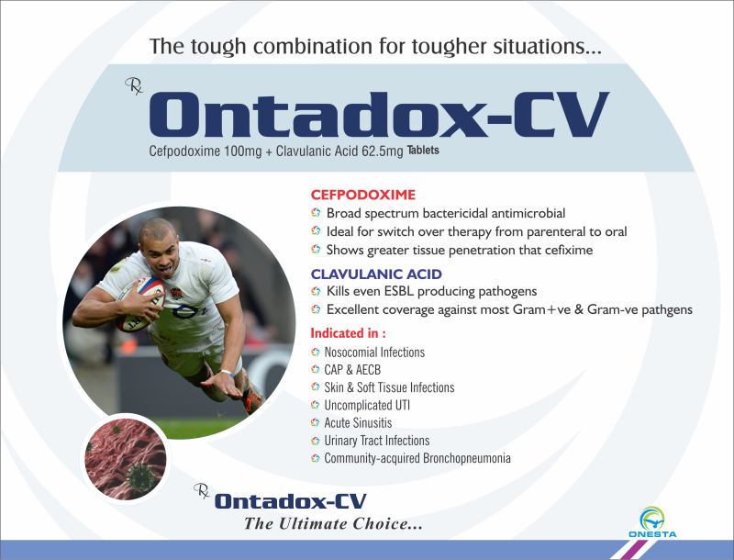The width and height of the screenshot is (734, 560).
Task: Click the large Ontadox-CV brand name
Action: click(x=379, y=115)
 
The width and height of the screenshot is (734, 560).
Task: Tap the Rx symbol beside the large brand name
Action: click(x=134, y=86)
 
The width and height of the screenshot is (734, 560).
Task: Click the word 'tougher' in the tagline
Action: click(x=449, y=47)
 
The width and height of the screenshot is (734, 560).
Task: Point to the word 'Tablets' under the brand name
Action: click(x=423, y=150)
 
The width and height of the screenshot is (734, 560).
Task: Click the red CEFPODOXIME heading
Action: click(x=363, y=195)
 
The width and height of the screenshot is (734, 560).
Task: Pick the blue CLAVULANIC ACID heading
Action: click(x=376, y=274)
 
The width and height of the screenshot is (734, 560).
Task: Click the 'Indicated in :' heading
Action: click(x=349, y=333)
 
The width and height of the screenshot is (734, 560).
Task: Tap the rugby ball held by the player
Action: click(x=140, y=305)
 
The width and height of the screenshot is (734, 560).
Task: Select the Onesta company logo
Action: click(x=652, y=522)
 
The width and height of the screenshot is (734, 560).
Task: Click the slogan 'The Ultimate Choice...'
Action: click(x=333, y=523)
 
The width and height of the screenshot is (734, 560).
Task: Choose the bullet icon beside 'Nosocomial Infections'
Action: click(x=316, y=353)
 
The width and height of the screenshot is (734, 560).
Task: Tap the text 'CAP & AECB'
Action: click(x=352, y=370)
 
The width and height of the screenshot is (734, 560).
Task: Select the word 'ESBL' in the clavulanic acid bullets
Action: click(x=399, y=292)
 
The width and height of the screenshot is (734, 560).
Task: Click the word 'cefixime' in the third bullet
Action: click(x=568, y=250)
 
